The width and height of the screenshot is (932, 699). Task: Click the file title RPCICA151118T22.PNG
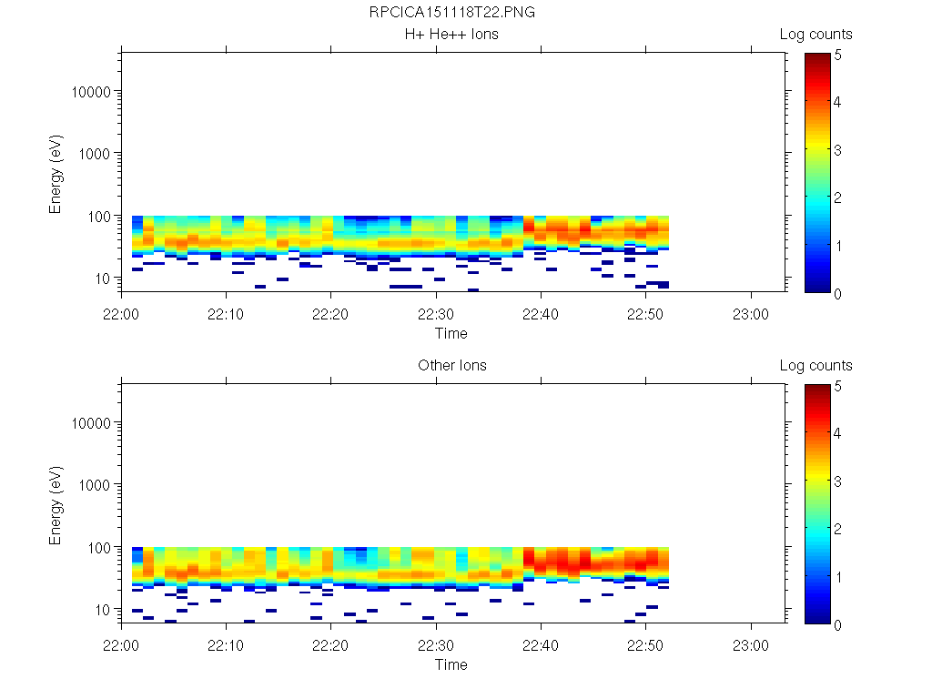coord(451,14)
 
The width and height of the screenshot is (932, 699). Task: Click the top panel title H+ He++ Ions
coord(451,35)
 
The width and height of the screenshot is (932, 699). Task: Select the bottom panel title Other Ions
coord(451,366)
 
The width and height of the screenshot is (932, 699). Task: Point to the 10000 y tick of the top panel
coord(90,92)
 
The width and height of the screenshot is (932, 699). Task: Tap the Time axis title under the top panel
coord(451,333)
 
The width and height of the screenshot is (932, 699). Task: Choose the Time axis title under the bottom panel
coord(451,664)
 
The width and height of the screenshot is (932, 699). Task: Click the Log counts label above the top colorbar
coord(815,35)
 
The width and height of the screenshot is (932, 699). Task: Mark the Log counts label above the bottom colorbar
coord(815,366)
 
